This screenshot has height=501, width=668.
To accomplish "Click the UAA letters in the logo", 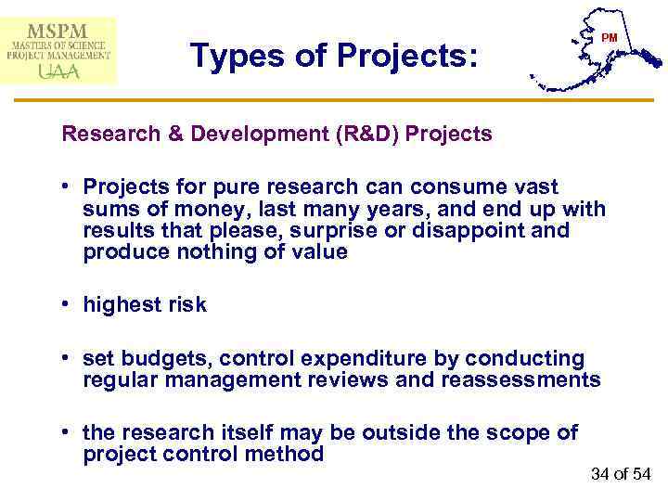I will (57, 72).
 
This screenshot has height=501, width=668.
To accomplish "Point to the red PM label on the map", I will (609, 38).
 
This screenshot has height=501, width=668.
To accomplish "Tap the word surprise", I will (332, 229).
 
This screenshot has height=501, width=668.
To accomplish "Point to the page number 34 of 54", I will (621, 474).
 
